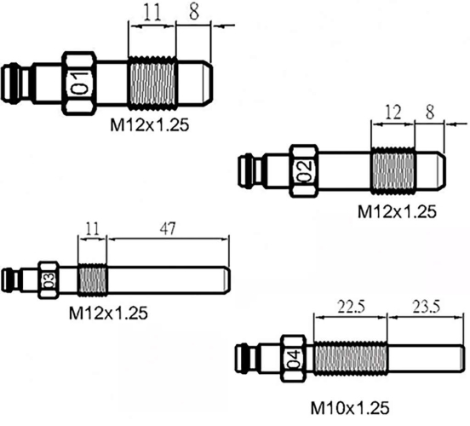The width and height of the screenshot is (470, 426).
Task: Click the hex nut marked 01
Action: pos(79,83)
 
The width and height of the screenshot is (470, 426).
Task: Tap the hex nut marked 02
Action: pos(305,171)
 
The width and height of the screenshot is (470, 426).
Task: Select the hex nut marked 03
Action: pos(49,280)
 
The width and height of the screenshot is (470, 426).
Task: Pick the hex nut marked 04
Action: pos(293,359)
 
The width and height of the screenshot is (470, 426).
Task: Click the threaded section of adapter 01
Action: pos(152,83)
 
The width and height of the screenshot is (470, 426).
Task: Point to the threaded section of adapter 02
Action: pos(393,171)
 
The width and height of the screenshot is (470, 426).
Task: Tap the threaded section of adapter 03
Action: pos(92,280)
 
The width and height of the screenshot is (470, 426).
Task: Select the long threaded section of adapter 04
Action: pos(351,359)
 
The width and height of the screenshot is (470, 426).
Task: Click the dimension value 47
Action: pos(168,229)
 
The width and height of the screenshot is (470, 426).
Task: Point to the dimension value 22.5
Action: pos(352,307)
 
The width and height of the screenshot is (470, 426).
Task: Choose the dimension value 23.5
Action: pos(427,307)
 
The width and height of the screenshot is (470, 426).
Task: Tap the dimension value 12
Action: pos(393,113)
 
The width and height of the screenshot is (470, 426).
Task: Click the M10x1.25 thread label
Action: pos(350,408)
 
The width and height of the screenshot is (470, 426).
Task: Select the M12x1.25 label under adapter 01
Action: pos(150,125)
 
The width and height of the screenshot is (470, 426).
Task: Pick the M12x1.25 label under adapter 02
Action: pos(397,212)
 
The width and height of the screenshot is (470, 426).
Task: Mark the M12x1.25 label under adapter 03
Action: pos(108,314)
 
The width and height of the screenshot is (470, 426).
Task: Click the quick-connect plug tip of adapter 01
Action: pos(10,83)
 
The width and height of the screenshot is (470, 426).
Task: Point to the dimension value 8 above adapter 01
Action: pos(194,12)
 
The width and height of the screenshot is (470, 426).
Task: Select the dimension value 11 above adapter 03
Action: pos(92,229)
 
